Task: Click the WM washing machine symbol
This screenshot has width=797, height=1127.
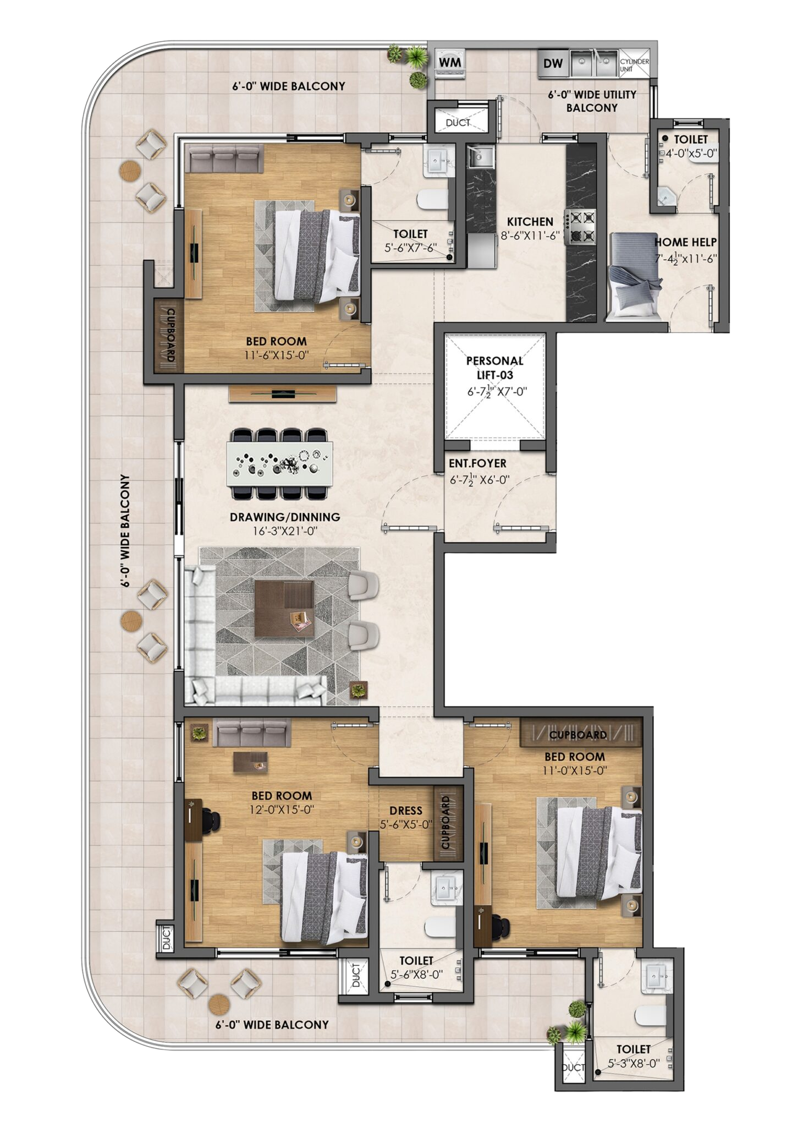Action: [x=450, y=63]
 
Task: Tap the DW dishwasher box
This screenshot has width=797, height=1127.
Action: [x=553, y=63]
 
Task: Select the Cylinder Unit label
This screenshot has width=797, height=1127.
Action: [x=635, y=65]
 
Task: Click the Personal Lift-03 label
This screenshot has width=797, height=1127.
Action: [x=494, y=368]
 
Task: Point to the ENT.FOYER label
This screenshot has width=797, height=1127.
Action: [x=477, y=463]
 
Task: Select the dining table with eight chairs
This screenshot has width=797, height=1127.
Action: [x=281, y=463]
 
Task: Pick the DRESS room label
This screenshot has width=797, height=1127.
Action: [x=406, y=811]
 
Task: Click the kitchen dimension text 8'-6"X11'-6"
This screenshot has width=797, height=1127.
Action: [x=530, y=236]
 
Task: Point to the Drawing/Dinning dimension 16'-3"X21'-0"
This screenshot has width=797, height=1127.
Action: [x=283, y=532]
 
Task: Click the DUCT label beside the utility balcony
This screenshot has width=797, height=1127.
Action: [x=458, y=123]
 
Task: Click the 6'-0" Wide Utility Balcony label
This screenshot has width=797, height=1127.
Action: [x=592, y=101]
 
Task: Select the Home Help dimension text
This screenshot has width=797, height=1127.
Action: [x=686, y=258]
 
